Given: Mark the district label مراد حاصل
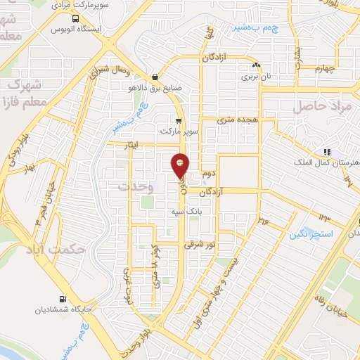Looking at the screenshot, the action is (317, 105).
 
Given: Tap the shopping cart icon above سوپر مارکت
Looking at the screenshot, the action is (179, 120).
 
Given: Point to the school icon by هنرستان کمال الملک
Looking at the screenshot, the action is (326, 152).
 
